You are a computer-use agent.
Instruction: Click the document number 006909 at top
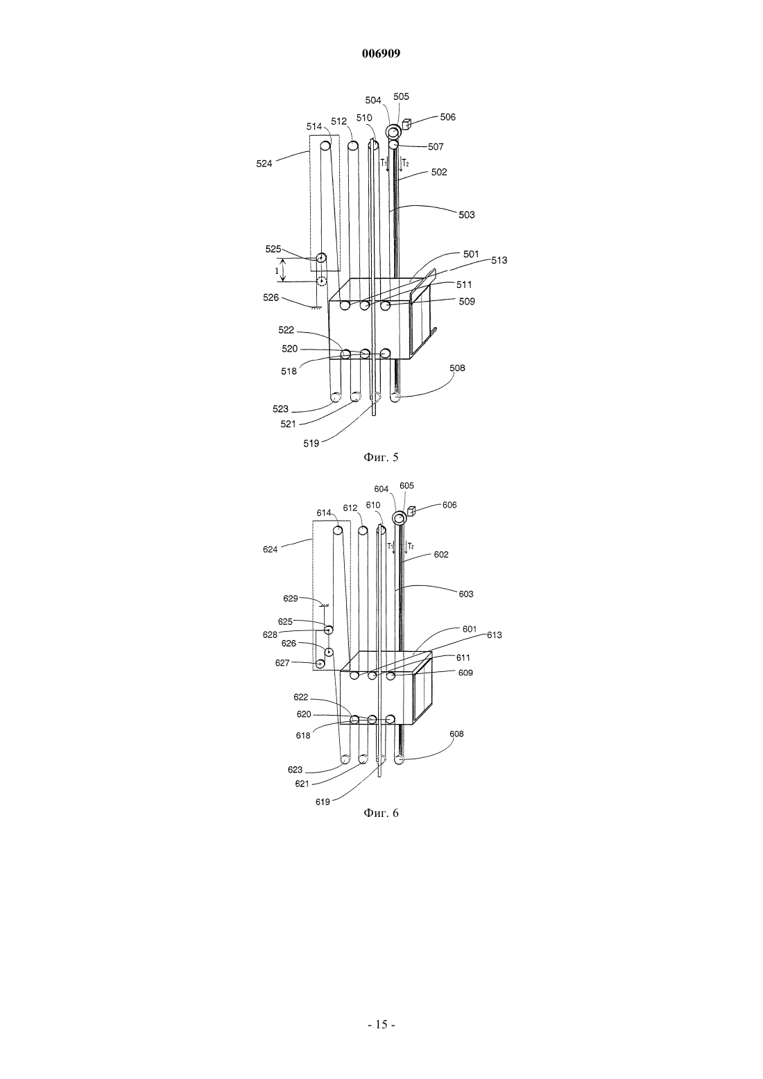click(x=381, y=53)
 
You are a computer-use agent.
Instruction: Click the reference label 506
click(x=447, y=116)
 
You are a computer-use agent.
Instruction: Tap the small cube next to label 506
click(x=406, y=124)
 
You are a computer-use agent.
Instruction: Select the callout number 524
click(x=264, y=164)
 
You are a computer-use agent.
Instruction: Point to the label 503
click(x=466, y=215)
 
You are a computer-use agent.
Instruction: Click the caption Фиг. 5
click(x=381, y=457)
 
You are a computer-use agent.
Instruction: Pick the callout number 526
click(x=271, y=297)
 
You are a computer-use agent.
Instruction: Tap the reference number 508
click(x=457, y=368)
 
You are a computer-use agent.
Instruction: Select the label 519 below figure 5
click(x=311, y=443)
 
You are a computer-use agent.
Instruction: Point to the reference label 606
click(x=449, y=505)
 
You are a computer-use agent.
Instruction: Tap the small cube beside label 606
click(x=411, y=511)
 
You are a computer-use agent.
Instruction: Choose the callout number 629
click(x=291, y=598)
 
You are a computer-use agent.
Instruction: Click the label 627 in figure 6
click(x=282, y=663)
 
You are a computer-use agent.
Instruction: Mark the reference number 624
click(x=271, y=549)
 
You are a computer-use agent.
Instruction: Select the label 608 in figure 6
click(x=456, y=734)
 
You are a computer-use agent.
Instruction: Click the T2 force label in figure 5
click(x=405, y=163)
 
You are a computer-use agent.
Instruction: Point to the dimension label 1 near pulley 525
click(x=277, y=270)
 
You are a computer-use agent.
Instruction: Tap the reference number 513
click(x=499, y=260)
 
